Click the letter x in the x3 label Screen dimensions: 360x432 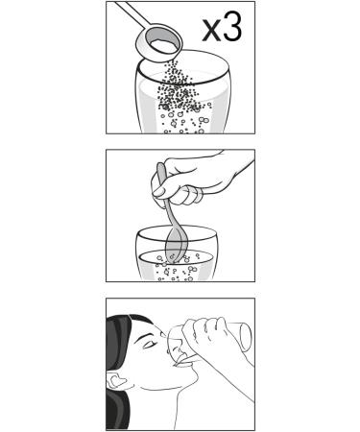coord(211,32)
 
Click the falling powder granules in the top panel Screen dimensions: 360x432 coord(180,88)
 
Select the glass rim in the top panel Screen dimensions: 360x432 coord(183,83)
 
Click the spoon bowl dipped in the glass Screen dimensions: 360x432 coord(177,245)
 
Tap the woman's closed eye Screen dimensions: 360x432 coord(150,345)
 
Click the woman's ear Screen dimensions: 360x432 coord(117,380)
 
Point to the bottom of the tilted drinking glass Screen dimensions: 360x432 coord(246,337)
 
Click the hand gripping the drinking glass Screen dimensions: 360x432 coord(208,336)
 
